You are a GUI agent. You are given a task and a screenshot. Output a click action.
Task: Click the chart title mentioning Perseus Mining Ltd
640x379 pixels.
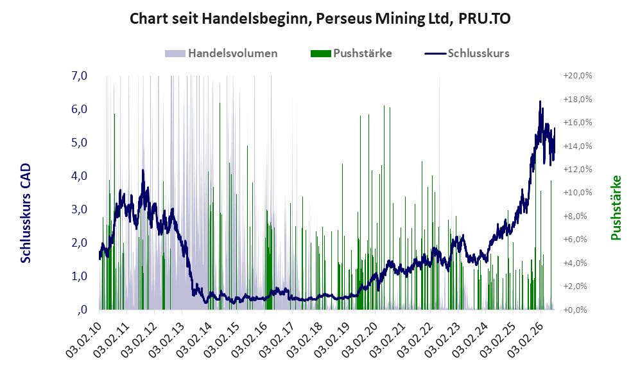point(320,19)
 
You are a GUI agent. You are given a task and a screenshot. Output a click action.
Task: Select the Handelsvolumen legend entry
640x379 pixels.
point(221,53)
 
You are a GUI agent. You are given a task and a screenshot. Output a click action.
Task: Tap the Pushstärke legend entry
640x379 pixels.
point(351,53)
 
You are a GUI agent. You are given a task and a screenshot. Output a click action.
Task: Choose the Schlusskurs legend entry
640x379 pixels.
point(467,53)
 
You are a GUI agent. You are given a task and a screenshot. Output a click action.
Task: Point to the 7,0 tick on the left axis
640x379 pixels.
point(79,76)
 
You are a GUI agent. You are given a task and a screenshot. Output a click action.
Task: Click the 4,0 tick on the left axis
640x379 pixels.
point(79,176)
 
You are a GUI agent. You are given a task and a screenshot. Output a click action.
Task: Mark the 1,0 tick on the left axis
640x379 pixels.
point(79,276)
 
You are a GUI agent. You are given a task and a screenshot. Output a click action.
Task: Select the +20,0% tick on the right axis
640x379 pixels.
point(578,76)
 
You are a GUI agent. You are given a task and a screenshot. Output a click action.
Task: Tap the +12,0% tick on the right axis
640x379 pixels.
point(578,170)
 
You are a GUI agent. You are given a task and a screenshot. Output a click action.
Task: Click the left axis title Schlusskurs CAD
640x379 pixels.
point(26,213)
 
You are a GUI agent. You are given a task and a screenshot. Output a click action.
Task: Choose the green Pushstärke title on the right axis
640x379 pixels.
point(616,208)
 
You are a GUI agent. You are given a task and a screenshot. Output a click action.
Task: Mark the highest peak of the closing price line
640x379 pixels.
point(540,101)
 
